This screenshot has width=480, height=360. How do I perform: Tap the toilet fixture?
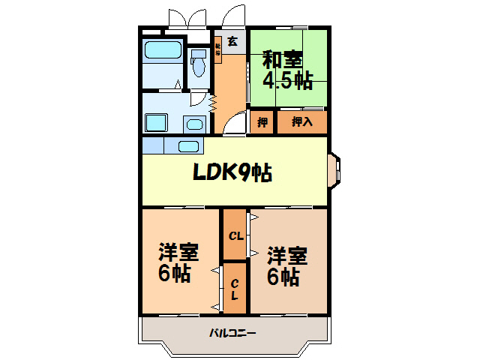(x=199, y=64)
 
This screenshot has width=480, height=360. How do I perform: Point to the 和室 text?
(x=283, y=58)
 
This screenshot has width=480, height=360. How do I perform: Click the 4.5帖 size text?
(x=287, y=80)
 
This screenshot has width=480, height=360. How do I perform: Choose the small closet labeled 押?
(x=263, y=121)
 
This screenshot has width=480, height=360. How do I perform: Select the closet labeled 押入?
(x=301, y=121)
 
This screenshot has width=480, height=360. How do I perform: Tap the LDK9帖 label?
(x=232, y=173)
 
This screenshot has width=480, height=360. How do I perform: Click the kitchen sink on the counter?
(x=188, y=145)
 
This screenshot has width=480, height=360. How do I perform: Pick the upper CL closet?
(x=235, y=235)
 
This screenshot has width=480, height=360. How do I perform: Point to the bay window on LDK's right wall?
(x=334, y=171)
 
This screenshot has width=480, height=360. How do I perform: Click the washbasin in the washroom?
(x=193, y=124)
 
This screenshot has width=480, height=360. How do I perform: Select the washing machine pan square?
(x=156, y=122)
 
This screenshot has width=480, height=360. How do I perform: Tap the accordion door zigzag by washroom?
(x=213, y=102)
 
